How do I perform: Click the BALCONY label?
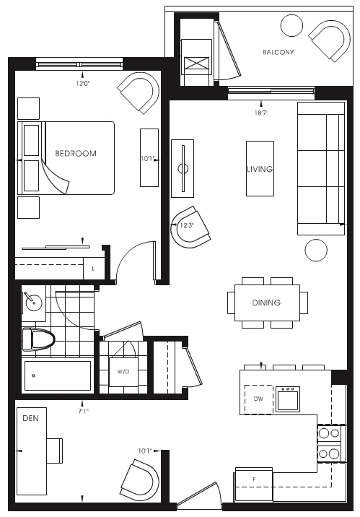[x=278, y=52]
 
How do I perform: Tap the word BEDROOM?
[x=76, y=153]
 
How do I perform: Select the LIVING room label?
[x=260, y=169]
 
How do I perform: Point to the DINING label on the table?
[x=266, y=303]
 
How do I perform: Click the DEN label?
[x=30, y=418]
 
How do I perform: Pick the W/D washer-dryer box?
[x=123, y=372]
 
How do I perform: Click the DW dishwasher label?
[x=258, y=399]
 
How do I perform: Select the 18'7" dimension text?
[x=261, y=113]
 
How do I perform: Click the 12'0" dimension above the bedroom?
[x=83, y=84]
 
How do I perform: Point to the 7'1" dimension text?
[x=83, y=411]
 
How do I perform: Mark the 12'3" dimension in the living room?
[x=187, y=225]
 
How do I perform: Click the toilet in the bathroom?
[x=38, y=339]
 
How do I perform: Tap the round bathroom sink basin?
[x=34, y=302]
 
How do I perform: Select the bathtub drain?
[x=33, y=375]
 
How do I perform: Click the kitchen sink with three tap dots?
[x=288, y=399]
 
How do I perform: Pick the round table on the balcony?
[x=291, y=25]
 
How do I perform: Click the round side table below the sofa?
[x=316, y=251]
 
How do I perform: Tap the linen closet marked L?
[x=93, y=269]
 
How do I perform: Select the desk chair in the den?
[x=55, y=451]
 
